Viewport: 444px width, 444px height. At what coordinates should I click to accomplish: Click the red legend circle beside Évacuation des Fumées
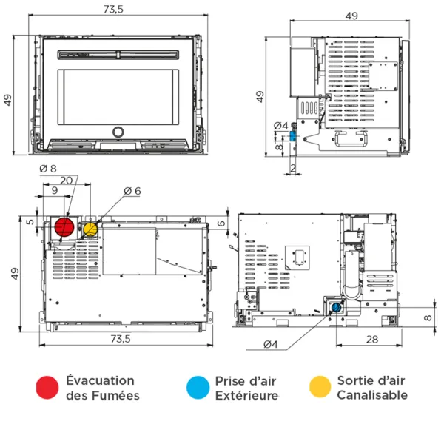click(x=47, y=387)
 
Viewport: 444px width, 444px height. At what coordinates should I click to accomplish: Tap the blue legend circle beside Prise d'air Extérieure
click(x=197, y=387)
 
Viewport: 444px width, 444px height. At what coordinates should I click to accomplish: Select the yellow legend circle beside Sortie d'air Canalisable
click(x=319, y=387)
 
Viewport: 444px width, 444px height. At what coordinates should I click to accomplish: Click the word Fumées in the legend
click(x=113, y=395)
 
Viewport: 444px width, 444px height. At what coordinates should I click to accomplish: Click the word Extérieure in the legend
click(x=246, y=395)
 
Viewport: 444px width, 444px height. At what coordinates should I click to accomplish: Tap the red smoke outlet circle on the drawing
click(x=65, y=226)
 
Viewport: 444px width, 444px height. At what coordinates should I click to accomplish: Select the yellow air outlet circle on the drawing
click(x=90, y=229)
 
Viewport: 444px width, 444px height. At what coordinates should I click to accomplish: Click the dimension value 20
click(x=67, y=181)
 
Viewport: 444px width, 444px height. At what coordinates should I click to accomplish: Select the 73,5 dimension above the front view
click(x=113, y=10)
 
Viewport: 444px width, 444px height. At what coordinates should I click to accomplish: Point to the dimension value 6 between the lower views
click(x=221, y=223)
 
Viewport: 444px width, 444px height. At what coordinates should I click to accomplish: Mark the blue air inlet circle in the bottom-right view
click(x=336, y=306)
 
